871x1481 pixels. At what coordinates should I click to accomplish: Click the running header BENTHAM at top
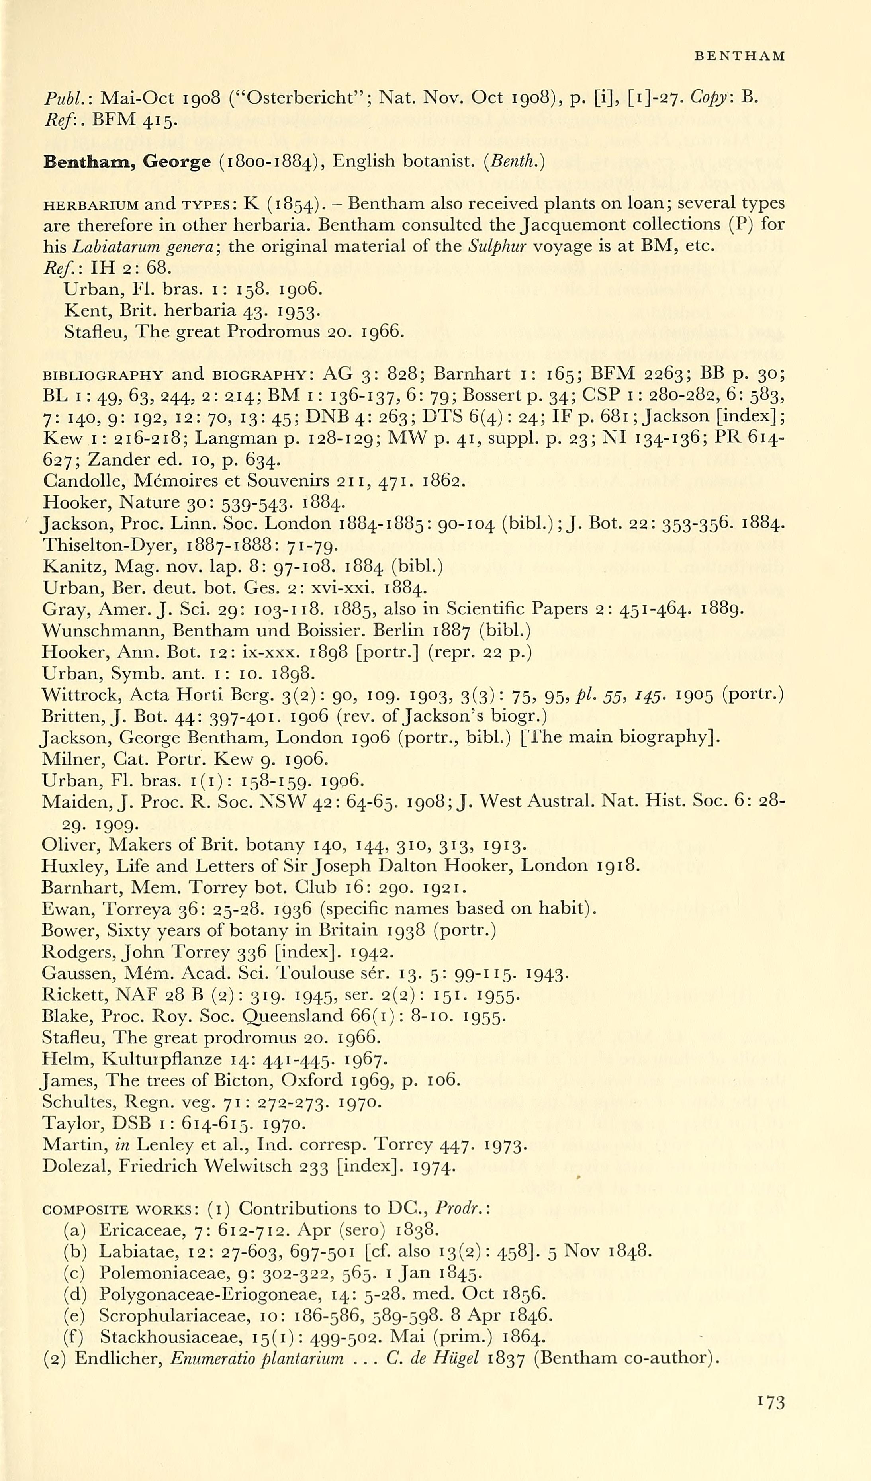(739, 57)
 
